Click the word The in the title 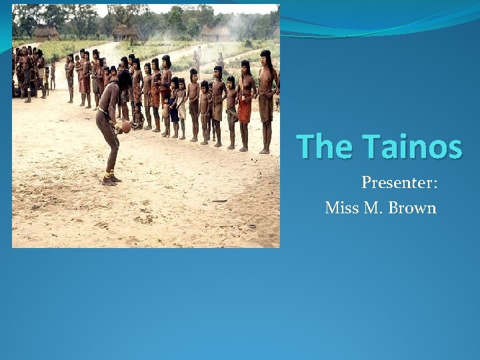pyautogui.click(x=326, y=147)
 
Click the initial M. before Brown pyautogui.click(x=371, y=208)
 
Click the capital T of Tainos pyautogui.click(x=372, y=147)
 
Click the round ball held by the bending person pyautogui.click(x=125, y=127)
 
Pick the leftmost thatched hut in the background pyautogui.click(x=47, y=33)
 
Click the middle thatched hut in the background pyautogui.click(x=124, y=31)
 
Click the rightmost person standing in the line pyautogui.click(x=267, y=100)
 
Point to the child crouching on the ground pyautogui.click(x=138, y=117)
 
